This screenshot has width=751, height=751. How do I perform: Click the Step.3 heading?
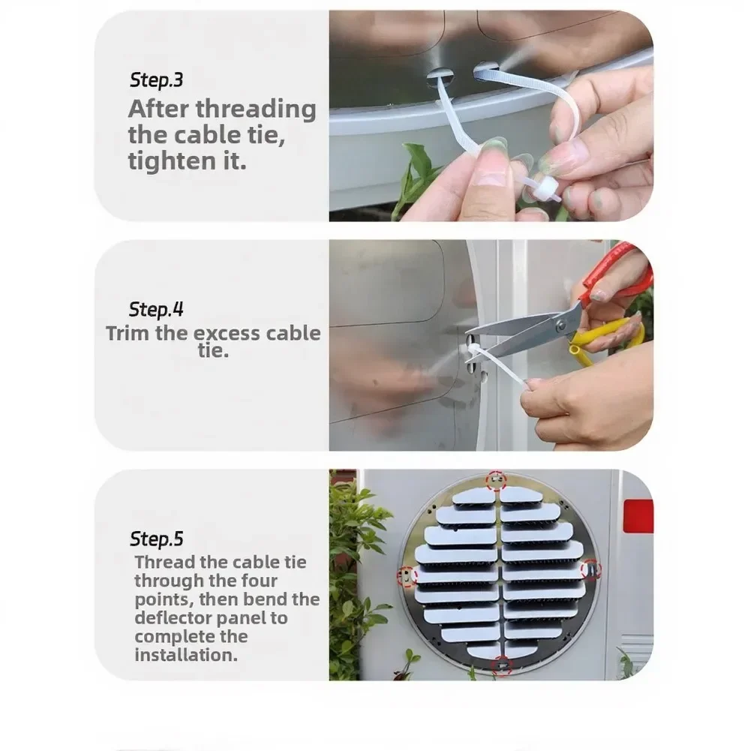157,80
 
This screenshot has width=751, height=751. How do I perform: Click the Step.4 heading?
156,309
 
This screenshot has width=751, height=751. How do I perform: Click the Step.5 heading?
157,539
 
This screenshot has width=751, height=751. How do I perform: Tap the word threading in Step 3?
256,110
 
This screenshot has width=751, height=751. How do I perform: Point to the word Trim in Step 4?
128,333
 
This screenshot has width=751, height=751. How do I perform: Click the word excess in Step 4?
227,334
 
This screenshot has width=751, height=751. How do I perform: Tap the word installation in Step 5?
185,655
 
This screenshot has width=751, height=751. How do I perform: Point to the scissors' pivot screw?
560,327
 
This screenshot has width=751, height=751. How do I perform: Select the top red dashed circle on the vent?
496,480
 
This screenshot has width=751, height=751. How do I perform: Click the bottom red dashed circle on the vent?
502,665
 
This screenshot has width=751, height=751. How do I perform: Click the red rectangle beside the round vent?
638,516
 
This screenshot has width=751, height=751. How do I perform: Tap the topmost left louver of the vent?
475,497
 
